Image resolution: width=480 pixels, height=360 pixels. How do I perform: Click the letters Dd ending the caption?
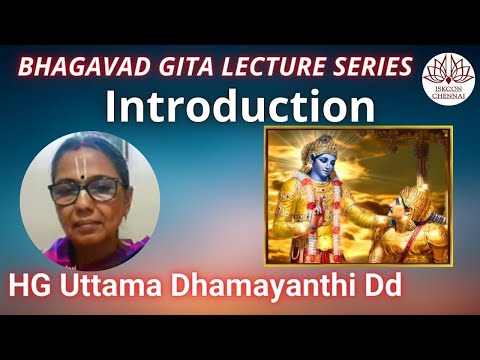tap(381, 285)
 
